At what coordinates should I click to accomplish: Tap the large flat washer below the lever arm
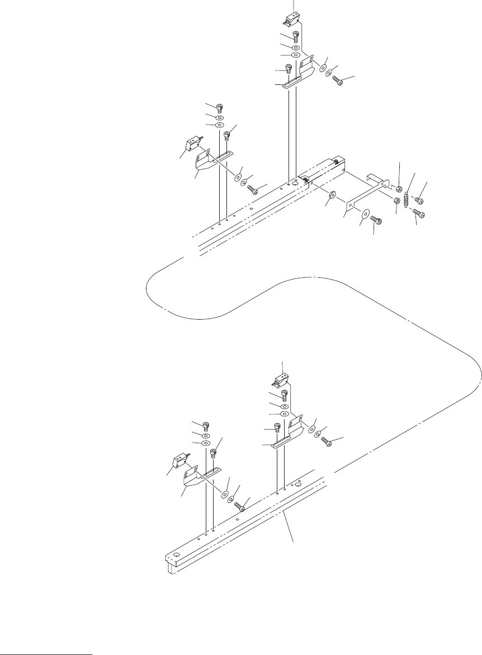click(365, 213)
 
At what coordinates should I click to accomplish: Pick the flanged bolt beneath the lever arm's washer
click(377, 221)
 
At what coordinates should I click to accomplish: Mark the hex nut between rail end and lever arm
click(331, 195)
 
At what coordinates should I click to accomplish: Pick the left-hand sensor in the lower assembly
click(179, 462)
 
